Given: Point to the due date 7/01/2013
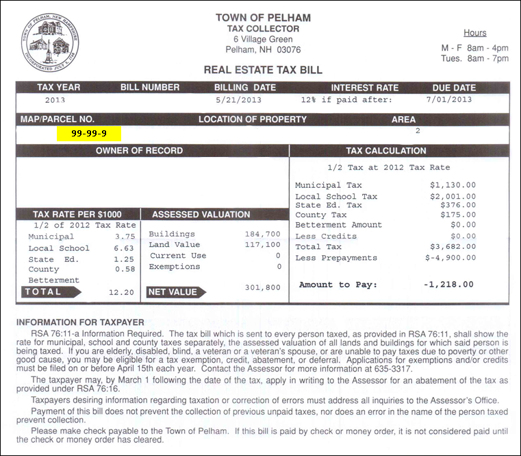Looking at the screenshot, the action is [x=449, y=99].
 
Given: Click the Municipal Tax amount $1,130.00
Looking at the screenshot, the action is [x=453, y=185].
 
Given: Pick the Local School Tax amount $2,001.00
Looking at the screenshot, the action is [x=453, y=197].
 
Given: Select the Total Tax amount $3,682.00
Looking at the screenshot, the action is [x=453, y=247].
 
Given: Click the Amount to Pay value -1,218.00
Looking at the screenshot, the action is [x=448, y=284].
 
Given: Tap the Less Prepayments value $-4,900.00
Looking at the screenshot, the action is [x=450, y=258].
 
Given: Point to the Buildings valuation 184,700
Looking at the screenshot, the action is [x=262, y=234].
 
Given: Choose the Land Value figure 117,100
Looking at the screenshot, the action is [x=262, y=245].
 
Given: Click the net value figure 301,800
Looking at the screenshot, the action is [x=262, y=287].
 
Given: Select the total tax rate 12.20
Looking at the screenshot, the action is [x=123, y=292].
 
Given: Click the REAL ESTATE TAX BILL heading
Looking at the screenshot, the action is [x=263, y=70].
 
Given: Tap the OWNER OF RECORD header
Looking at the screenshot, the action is [x=139, y=151].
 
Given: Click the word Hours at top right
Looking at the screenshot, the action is [x=474, y=33].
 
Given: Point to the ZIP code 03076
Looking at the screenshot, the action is [x=288, y=50].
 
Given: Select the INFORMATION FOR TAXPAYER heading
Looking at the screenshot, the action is [x=80, y=322].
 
